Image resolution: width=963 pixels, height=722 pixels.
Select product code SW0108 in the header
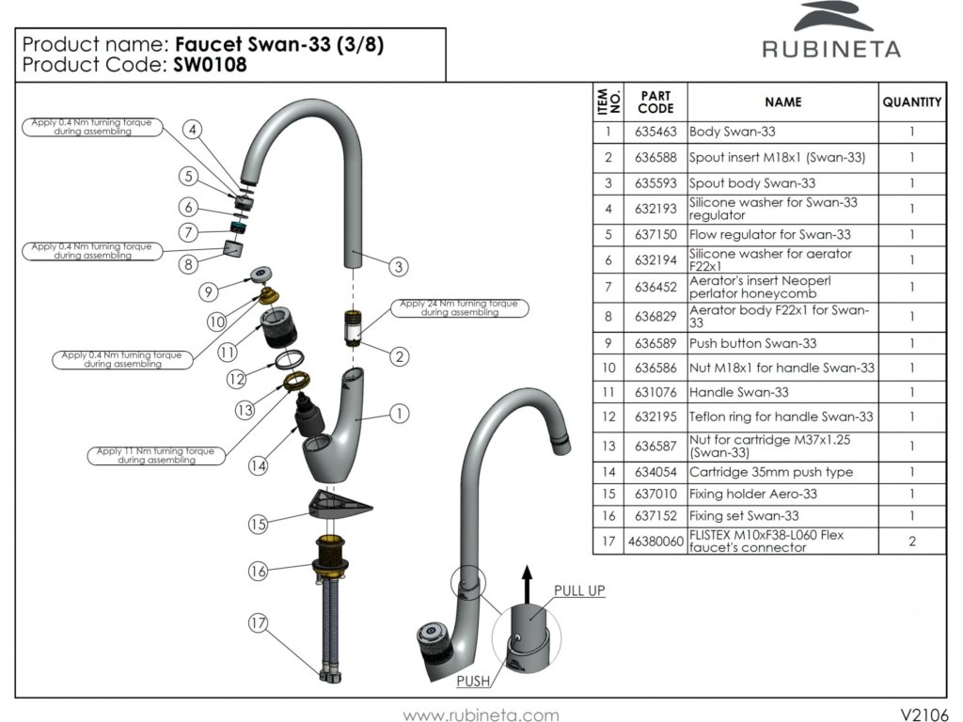210,65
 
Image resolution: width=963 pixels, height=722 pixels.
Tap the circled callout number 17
258,623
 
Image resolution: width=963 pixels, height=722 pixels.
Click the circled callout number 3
399,266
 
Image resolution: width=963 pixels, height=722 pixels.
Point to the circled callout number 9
209,291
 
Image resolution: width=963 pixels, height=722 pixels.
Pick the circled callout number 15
258,524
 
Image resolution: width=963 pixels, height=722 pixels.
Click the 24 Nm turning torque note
459,307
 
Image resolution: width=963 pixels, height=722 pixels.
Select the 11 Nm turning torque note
156,456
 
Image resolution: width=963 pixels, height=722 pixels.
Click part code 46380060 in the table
655,541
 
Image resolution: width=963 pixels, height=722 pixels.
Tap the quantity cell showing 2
912,541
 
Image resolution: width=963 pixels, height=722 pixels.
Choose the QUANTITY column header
912,102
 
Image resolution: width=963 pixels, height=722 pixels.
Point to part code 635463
655,132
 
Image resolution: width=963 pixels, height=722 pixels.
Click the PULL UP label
579,590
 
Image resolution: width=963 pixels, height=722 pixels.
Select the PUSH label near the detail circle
473,681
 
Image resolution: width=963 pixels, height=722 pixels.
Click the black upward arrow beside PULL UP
527,585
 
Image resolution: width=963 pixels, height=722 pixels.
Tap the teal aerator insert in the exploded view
238,228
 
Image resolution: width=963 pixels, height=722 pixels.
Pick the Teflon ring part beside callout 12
290,360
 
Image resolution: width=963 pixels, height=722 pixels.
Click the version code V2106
924,714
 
